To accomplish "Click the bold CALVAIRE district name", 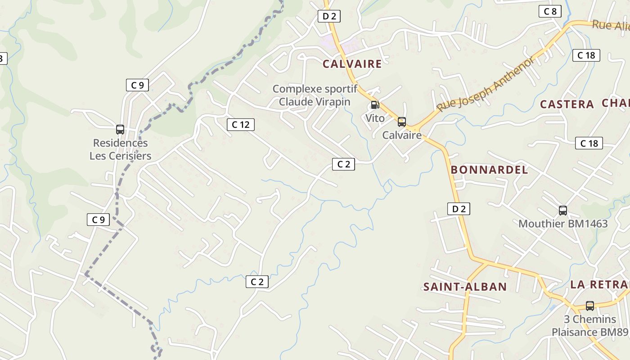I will coord(352,64).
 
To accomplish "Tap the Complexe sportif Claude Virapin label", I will coord(315,95).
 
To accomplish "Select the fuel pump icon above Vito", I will coord(375,105).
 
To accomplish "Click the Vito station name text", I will coord(375,118).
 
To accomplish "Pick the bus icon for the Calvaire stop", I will coord(402,122).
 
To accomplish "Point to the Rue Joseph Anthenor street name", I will coord(486,84).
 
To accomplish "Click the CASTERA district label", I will coord(567,104).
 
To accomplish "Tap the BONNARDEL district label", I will coord(489,170).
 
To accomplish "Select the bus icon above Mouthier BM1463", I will coord(562,210).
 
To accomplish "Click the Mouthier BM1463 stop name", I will coord(563,224).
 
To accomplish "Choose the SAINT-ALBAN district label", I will coord(465,287).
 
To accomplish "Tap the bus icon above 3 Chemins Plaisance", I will coord(589,306).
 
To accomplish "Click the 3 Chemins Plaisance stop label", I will coord(590,326).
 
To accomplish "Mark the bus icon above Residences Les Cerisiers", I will coord(120,130).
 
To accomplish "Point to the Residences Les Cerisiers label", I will coord(120,149).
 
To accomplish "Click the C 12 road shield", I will coord(241,125).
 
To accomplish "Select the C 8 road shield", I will coord(550,12).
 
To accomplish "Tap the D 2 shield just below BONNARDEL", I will coord(459,209).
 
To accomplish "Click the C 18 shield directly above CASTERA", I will coord(586,55).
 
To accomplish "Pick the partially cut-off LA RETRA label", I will coord(599,284).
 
